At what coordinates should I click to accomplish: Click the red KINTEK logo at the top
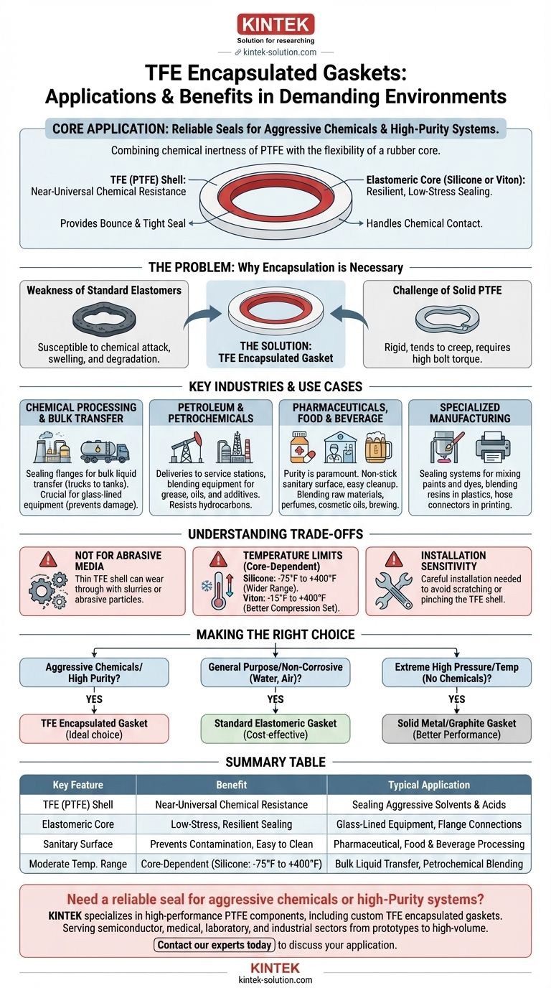[x=275, y=24]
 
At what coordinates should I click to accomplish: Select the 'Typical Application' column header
[x=429, y=785]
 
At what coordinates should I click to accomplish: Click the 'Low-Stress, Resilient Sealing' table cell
[x=231, y=824]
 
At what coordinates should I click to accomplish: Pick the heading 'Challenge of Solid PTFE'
[x=447, y=291]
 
